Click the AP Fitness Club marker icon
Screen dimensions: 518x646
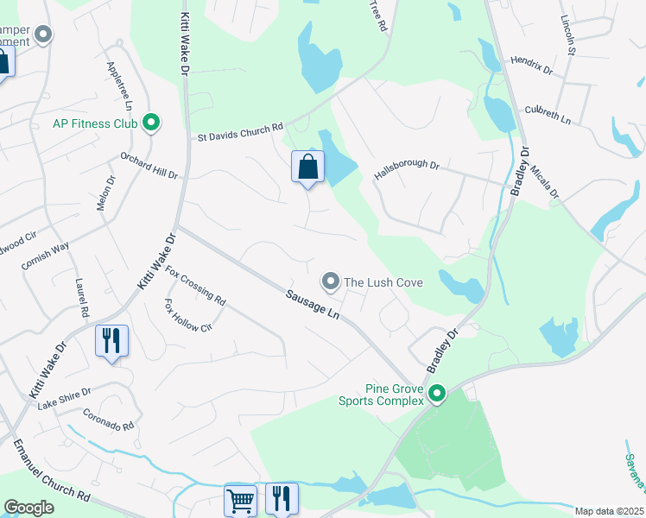point(152,123)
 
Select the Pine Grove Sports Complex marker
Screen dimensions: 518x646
point(437,395)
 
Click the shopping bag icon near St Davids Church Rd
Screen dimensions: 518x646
point(307,167)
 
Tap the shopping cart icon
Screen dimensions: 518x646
point(240,499)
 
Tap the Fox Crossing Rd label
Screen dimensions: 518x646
point(195,286)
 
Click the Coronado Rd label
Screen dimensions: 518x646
point(109,420)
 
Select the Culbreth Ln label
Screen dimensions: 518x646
point(548,116)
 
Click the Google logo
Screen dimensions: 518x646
point(29,508)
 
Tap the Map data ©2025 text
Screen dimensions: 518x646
point(610,511)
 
